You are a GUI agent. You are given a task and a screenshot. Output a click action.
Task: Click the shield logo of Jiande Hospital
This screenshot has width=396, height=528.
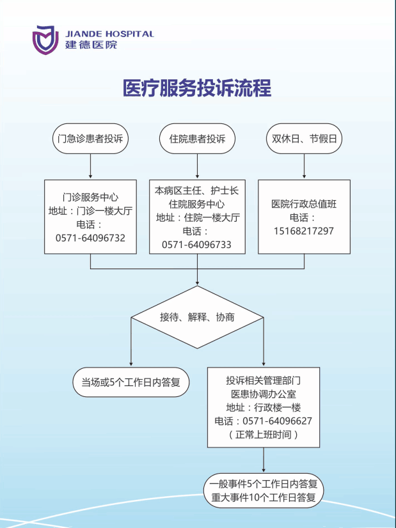(x=45, y=40)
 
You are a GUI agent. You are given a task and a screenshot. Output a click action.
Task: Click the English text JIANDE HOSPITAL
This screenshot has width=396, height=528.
(x=109, y=34)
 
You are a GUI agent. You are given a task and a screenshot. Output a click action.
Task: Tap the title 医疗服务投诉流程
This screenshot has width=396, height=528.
(x=197, y=88)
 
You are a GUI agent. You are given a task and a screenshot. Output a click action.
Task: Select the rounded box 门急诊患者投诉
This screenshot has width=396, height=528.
(x=90, y=139)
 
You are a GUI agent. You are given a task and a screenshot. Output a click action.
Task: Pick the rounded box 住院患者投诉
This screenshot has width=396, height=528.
(x=197, y=139)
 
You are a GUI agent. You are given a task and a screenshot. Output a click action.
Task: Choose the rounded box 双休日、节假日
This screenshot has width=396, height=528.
(x=305, y=139)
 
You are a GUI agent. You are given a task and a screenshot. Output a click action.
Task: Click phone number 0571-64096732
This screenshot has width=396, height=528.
(x=90, y=238)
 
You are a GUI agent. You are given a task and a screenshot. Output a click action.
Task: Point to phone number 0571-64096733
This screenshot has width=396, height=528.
(x=197, y=245)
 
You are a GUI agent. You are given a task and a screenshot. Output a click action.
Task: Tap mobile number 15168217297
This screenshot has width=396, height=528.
(x=304, y=231)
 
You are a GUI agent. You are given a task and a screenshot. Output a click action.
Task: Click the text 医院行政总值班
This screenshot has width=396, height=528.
(x=304, y=204)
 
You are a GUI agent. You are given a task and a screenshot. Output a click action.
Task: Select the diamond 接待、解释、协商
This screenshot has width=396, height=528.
(x=197, y=317)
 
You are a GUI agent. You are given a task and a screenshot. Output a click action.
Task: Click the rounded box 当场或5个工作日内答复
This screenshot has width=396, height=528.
(x=131, y=382)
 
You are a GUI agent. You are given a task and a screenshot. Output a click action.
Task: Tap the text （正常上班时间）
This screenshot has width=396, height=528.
(x=263, y=435)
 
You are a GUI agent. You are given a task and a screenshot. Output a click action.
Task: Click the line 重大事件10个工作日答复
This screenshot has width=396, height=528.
(x=264, y=498)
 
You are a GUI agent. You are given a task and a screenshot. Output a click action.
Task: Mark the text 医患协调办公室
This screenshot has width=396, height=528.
(x=264, y=394)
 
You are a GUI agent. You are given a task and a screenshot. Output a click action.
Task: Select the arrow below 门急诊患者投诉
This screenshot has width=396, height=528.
(x=90, y=166)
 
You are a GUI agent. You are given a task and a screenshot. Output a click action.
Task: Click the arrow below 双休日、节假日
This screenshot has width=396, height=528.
(x=305, y=166)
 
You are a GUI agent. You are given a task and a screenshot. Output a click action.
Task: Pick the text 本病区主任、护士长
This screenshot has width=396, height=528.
(x=197, y=190)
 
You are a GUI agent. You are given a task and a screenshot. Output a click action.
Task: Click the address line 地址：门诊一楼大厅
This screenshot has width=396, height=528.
(x=90, y=211)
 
